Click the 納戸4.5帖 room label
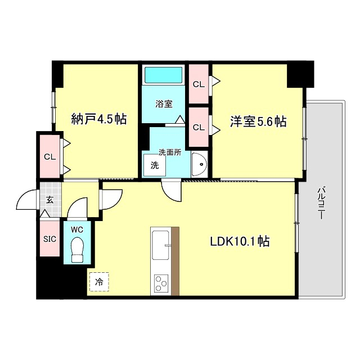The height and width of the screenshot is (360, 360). click(98, 119)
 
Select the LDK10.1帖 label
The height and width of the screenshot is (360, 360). click(239, 241)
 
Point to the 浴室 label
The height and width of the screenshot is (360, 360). click(164, 104)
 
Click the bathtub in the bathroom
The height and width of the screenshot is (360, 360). click(163, 75)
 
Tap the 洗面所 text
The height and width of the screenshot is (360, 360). click(169, 152)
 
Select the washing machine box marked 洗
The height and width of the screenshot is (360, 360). click(154, 166)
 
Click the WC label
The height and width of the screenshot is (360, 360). click(78, 229)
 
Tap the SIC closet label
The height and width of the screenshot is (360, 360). click(49, 238)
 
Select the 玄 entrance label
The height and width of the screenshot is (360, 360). click(49, 200)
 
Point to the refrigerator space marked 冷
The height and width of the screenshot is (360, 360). click(99, 281)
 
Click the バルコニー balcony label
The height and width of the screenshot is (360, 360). click(320, 202)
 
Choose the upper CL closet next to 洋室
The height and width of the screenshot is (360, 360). click(198, 84)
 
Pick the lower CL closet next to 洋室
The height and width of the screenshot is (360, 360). click(198, 127)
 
